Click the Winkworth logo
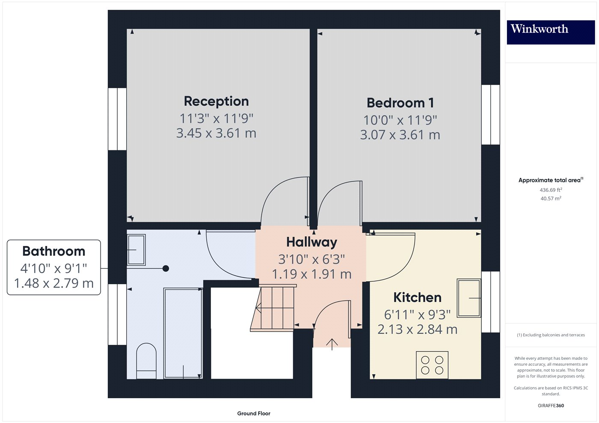tap(551, 32)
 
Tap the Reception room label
tap(216, 101)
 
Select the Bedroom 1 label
tap(400, 103)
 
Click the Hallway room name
tap(311, 242)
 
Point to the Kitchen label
tap(417, 297)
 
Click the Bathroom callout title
tap(54, 251)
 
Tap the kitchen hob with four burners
tap(432, 365)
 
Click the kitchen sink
tap(469, 298)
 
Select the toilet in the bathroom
tap(146, 361)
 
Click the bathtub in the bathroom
tap(183, 333)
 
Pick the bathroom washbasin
tap(136, 250)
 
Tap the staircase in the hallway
tap(273, 308)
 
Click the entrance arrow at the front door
tap(332, 344)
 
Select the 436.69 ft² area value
tap(551, 190)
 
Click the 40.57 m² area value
tap(551, 198)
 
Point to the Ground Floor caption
tap(253, 414)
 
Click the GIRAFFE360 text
tap(551, 405)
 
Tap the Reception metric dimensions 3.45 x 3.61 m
tap(216, 133)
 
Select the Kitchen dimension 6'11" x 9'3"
tap(417, 314)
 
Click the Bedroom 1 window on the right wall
tap(491, 115)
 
